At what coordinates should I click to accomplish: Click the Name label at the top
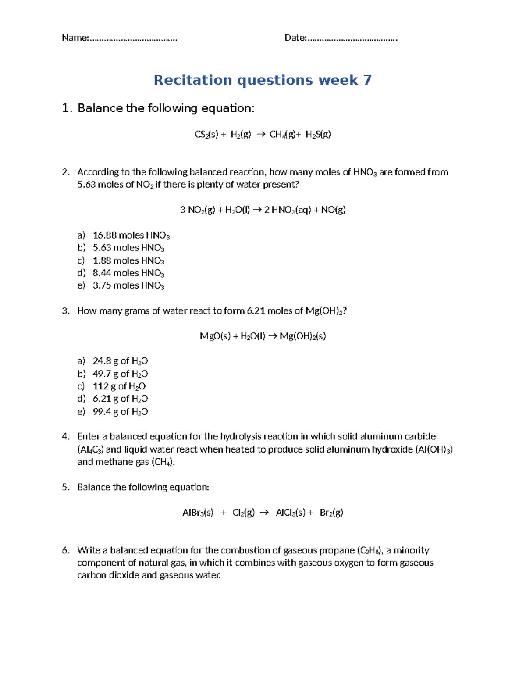click(75, 38)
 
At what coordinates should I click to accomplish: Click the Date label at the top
click(295, 38)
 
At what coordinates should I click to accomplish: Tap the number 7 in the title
click(367, 80)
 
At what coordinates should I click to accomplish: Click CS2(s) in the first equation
click(206, 135)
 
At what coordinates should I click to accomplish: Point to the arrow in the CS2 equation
click(260, 135)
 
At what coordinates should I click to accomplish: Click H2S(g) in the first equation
click(318, 135)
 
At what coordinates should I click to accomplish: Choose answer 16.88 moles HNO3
click(131, 235)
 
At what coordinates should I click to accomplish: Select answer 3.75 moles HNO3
click(128, 285)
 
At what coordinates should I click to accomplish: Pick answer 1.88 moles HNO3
click(128, 260)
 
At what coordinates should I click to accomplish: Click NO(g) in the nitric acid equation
click(334, 210)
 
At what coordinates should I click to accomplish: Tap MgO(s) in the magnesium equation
click(215, 336)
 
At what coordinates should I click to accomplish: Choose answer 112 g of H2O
click(119, 386)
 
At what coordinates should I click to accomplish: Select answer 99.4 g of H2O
click(120, 412)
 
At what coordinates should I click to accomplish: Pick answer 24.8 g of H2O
click(120, 361)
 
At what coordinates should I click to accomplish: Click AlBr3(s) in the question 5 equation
click(198, 513)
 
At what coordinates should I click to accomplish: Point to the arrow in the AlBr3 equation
click(264, 513)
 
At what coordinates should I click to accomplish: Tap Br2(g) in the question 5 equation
click(331, 513)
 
